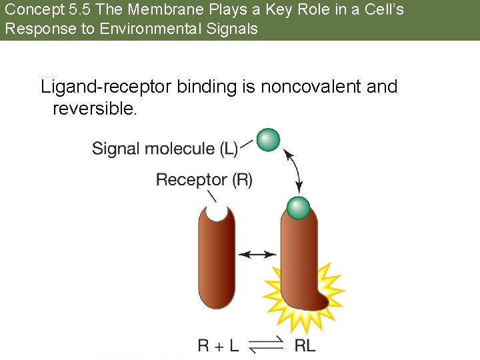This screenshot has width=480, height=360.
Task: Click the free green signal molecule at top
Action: [268, 140]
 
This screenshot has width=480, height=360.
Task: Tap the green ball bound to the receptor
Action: [298, 208]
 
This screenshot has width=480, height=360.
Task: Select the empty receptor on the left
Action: [217, 267]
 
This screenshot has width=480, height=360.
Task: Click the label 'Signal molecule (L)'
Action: [165, 148]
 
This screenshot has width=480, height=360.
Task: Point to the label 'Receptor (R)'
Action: [204, 179]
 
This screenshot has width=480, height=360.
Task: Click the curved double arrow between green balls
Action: [295, 171]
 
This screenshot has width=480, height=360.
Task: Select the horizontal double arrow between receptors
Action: [257, 254]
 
